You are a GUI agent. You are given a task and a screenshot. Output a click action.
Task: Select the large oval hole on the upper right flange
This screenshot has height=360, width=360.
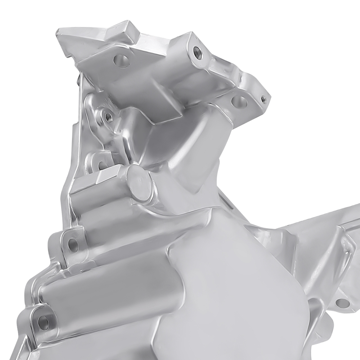pyautogui.click(x=239, y=102)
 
